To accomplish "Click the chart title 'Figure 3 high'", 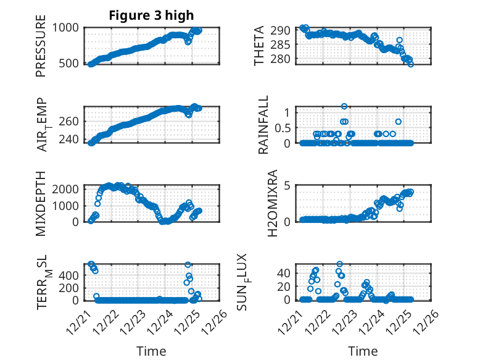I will [151, 15].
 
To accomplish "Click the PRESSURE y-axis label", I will [41, 49].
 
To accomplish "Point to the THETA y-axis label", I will [259, 45].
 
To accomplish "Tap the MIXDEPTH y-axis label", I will [41, 203].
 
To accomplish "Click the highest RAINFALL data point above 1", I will [344, 106].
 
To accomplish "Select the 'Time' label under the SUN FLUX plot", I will [362, 351].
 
